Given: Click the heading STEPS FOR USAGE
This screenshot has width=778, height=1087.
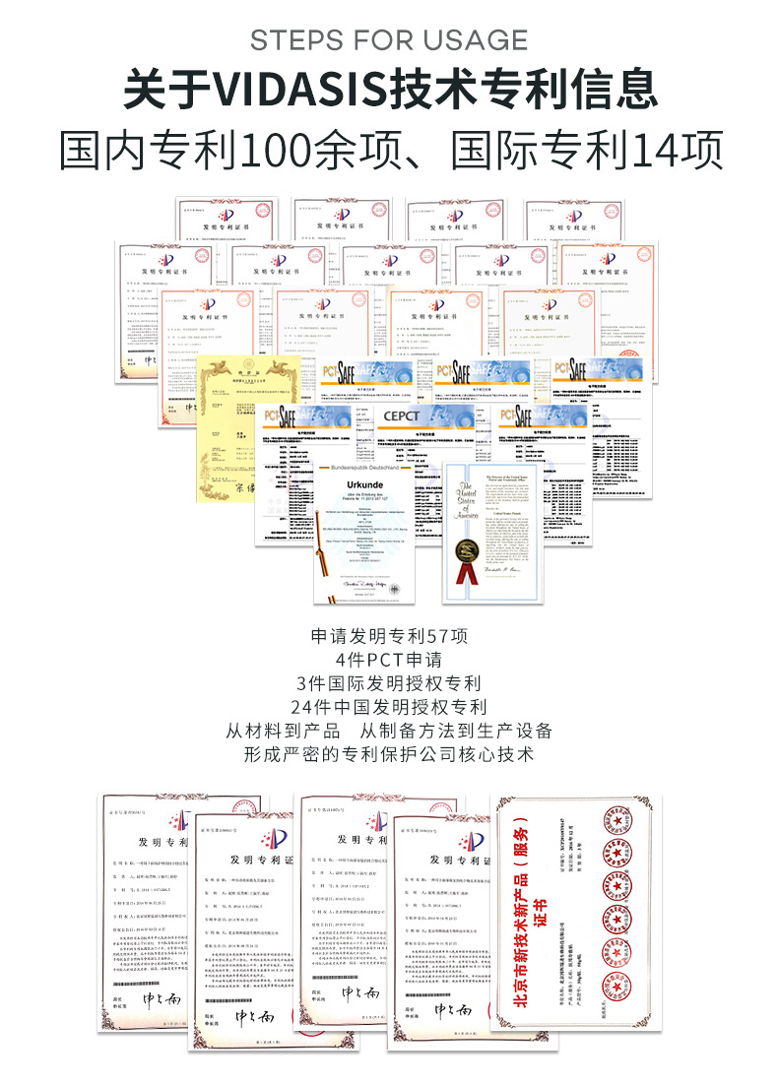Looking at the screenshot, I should (389, 39).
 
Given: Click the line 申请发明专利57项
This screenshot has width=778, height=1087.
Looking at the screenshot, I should (388, 636).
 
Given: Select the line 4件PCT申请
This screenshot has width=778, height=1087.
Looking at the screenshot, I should (388, 660).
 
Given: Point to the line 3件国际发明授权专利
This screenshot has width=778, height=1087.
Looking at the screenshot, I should (388, 683).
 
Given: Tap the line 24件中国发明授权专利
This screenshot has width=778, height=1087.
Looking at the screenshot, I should (388, 707).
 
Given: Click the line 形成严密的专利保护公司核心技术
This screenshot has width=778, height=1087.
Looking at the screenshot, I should (388, 754).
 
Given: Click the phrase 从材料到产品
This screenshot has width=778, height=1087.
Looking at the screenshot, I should (283, 731).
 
